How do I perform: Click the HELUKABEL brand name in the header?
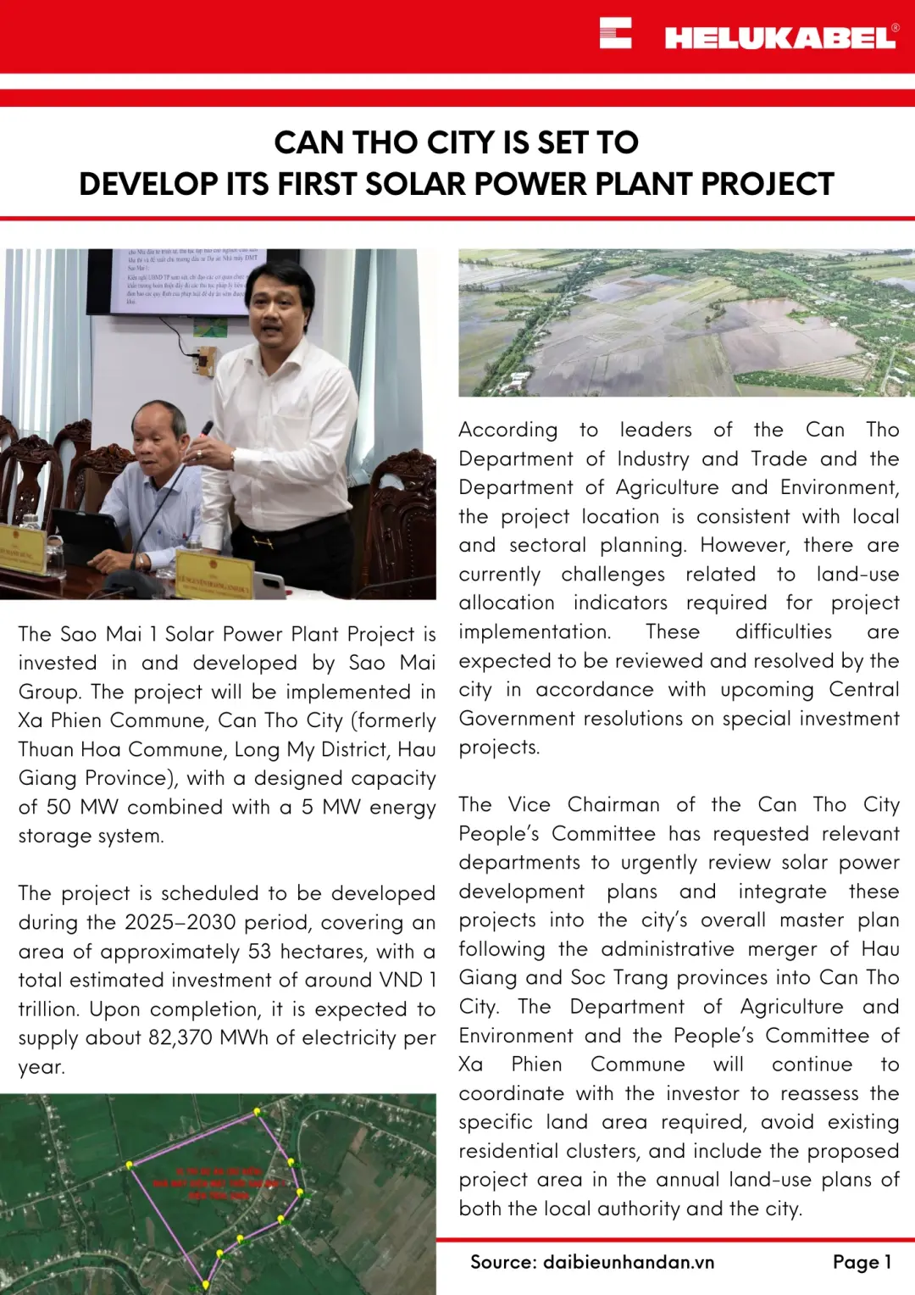point(779,37)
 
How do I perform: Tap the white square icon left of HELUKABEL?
point(615,33)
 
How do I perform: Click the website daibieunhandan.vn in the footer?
point(629,1262)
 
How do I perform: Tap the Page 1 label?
point(862,1262)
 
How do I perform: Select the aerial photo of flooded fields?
point(686,322)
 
